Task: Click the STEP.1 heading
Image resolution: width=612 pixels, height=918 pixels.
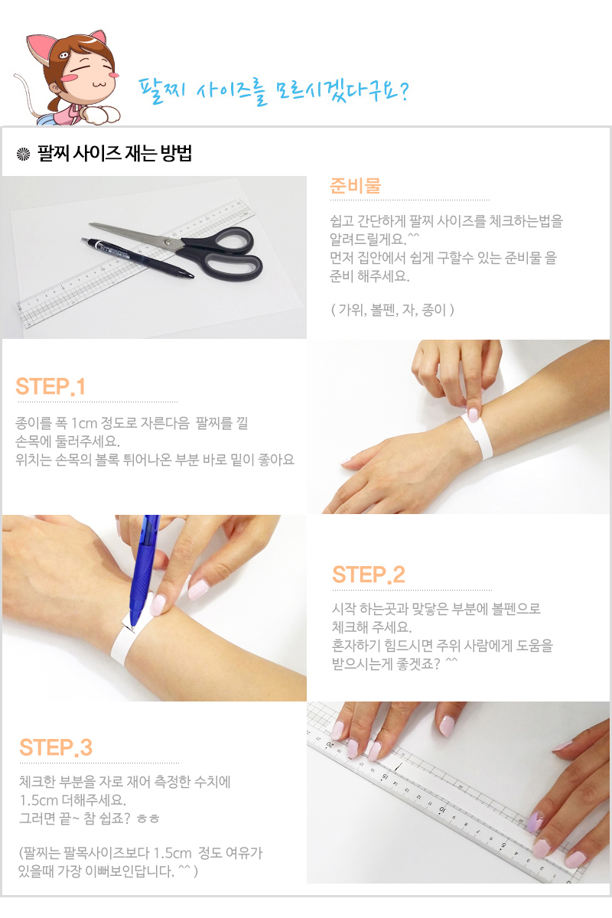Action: click(50, 386)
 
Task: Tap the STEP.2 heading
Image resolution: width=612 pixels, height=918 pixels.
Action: click(369, 575)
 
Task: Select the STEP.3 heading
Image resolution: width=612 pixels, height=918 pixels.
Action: click(56, 747)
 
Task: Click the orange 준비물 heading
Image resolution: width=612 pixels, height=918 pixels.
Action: click(356, 186)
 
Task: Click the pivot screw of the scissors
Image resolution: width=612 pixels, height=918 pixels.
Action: click(167, 243)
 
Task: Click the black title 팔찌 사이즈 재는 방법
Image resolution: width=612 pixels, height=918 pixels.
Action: click(114, 153)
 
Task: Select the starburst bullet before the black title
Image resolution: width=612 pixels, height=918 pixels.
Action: click(23, 154)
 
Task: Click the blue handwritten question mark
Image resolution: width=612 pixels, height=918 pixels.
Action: click(403, 91)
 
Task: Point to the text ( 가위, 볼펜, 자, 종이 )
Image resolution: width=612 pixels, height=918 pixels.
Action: click(392, 310)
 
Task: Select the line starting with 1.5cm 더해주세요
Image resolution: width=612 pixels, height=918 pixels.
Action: click(73, 799)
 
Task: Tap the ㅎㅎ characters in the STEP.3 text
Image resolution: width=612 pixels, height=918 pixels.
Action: click(148, 819)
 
